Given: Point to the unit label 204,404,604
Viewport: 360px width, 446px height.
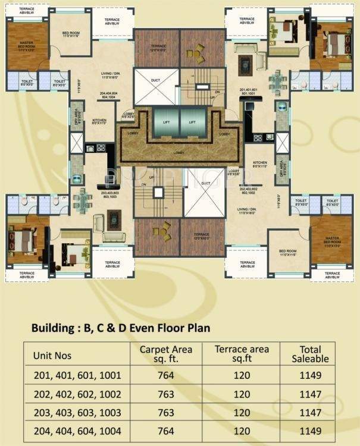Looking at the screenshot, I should click(112, 96).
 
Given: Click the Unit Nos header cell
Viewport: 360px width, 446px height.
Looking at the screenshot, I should click(55, 355).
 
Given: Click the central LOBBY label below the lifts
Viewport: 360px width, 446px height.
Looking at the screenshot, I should click(179, 153).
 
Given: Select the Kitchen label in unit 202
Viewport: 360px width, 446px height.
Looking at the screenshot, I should click(259, 164).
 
